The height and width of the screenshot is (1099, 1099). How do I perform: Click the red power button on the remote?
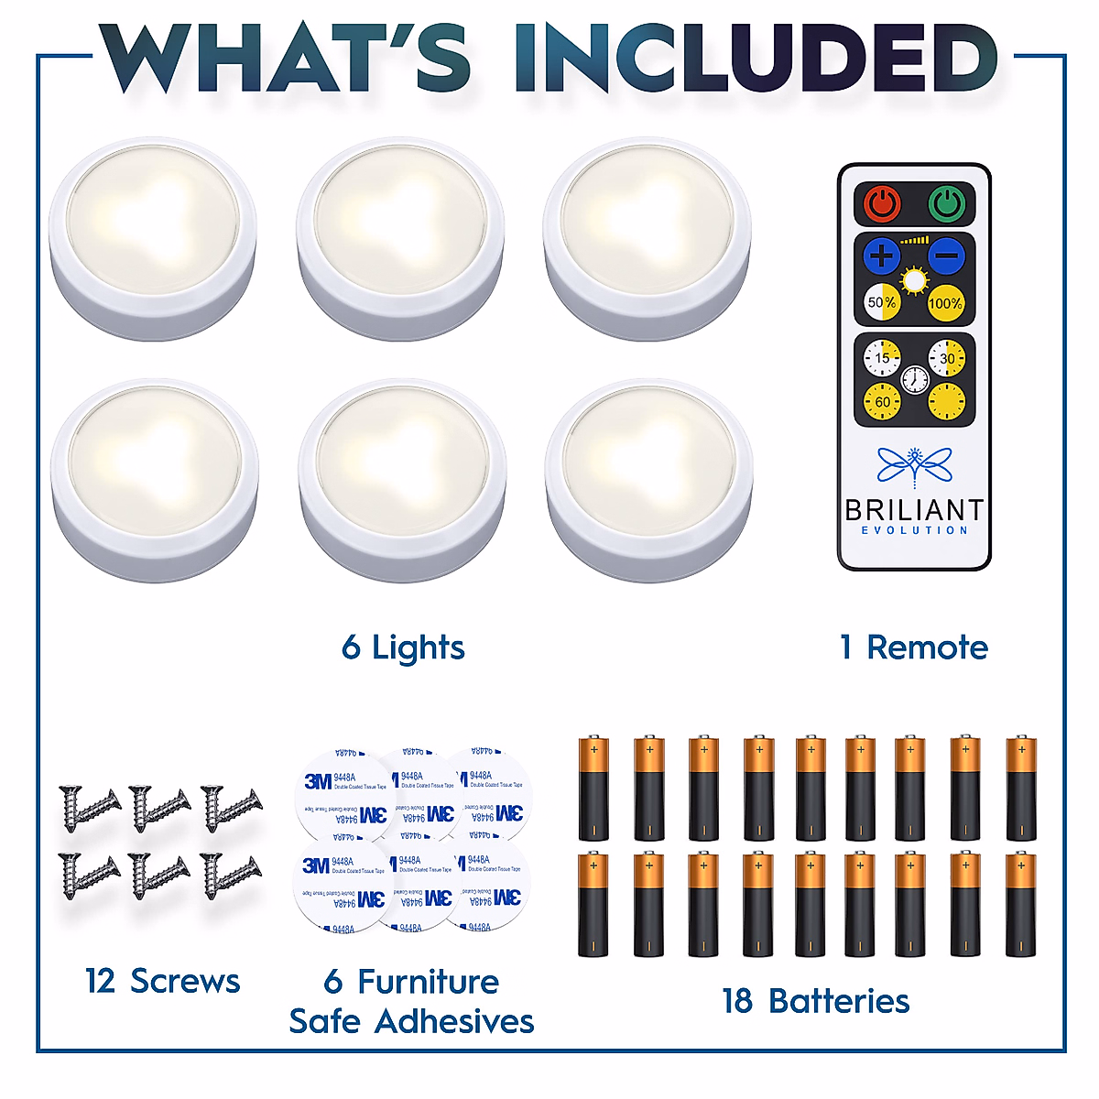point(881,203)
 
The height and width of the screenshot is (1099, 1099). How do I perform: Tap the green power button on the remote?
point(946,203)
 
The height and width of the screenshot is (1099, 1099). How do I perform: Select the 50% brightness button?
point(882,302)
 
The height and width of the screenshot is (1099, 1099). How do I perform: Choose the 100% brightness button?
point(945,303)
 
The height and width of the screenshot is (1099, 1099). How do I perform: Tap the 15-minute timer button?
point(882,358)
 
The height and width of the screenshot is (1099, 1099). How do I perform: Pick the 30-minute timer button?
point(946,358)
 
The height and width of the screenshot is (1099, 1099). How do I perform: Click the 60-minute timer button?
point(882,401)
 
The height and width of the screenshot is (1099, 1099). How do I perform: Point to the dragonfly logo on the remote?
point(914,464)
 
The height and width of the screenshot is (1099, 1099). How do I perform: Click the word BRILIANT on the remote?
point(914,509)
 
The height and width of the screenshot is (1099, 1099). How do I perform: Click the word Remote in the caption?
point(928,647)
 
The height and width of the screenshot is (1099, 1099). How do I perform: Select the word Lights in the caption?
point(419,648)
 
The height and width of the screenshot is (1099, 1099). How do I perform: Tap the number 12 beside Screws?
point(100,981)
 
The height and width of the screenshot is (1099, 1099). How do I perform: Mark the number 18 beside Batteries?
point(737,1001)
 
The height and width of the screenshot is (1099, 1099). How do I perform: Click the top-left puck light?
point(153,237)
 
